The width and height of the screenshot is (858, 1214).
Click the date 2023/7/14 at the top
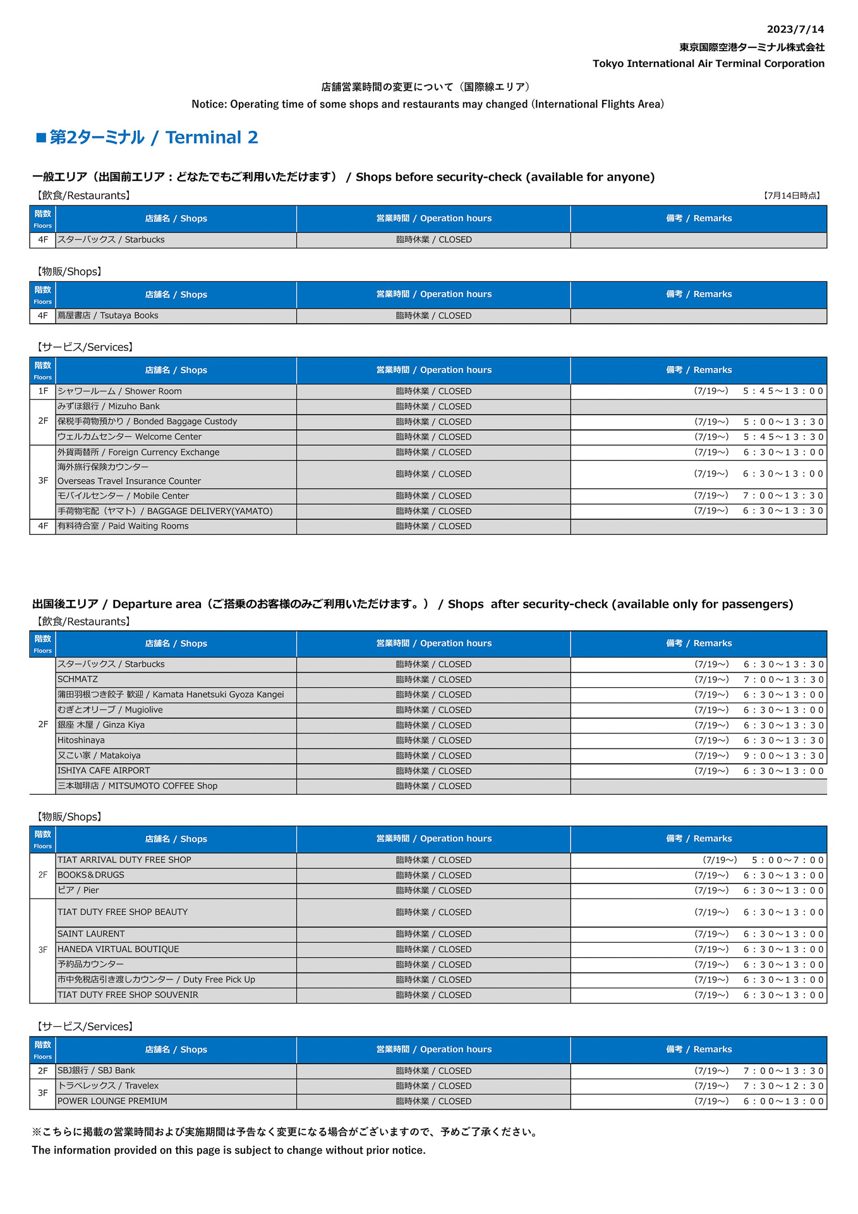tap(795, 30)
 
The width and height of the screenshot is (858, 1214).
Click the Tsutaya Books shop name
tap(108, 316)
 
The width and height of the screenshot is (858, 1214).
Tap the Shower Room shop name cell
tap(119, 391)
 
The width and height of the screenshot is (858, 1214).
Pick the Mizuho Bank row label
tap(109, 407)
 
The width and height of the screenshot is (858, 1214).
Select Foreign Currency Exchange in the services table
tap(138, 452)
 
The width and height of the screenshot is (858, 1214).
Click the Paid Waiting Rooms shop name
tap(123, 526)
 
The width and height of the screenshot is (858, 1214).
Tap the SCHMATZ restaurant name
tap(78, 680)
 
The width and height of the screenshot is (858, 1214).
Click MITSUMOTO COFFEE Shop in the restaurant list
tap(137, 786)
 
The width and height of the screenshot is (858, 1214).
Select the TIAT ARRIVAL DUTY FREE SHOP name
tap(124, 860)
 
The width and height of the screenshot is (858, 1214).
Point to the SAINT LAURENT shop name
tap(91, 934)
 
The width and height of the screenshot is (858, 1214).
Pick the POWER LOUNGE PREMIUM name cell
tap(112, 1101)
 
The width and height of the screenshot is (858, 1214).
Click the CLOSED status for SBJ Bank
tap(433, 1070)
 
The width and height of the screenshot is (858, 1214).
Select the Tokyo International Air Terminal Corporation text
tap(708, 63)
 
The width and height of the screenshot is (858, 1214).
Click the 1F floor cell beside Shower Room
tap(43, 391)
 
